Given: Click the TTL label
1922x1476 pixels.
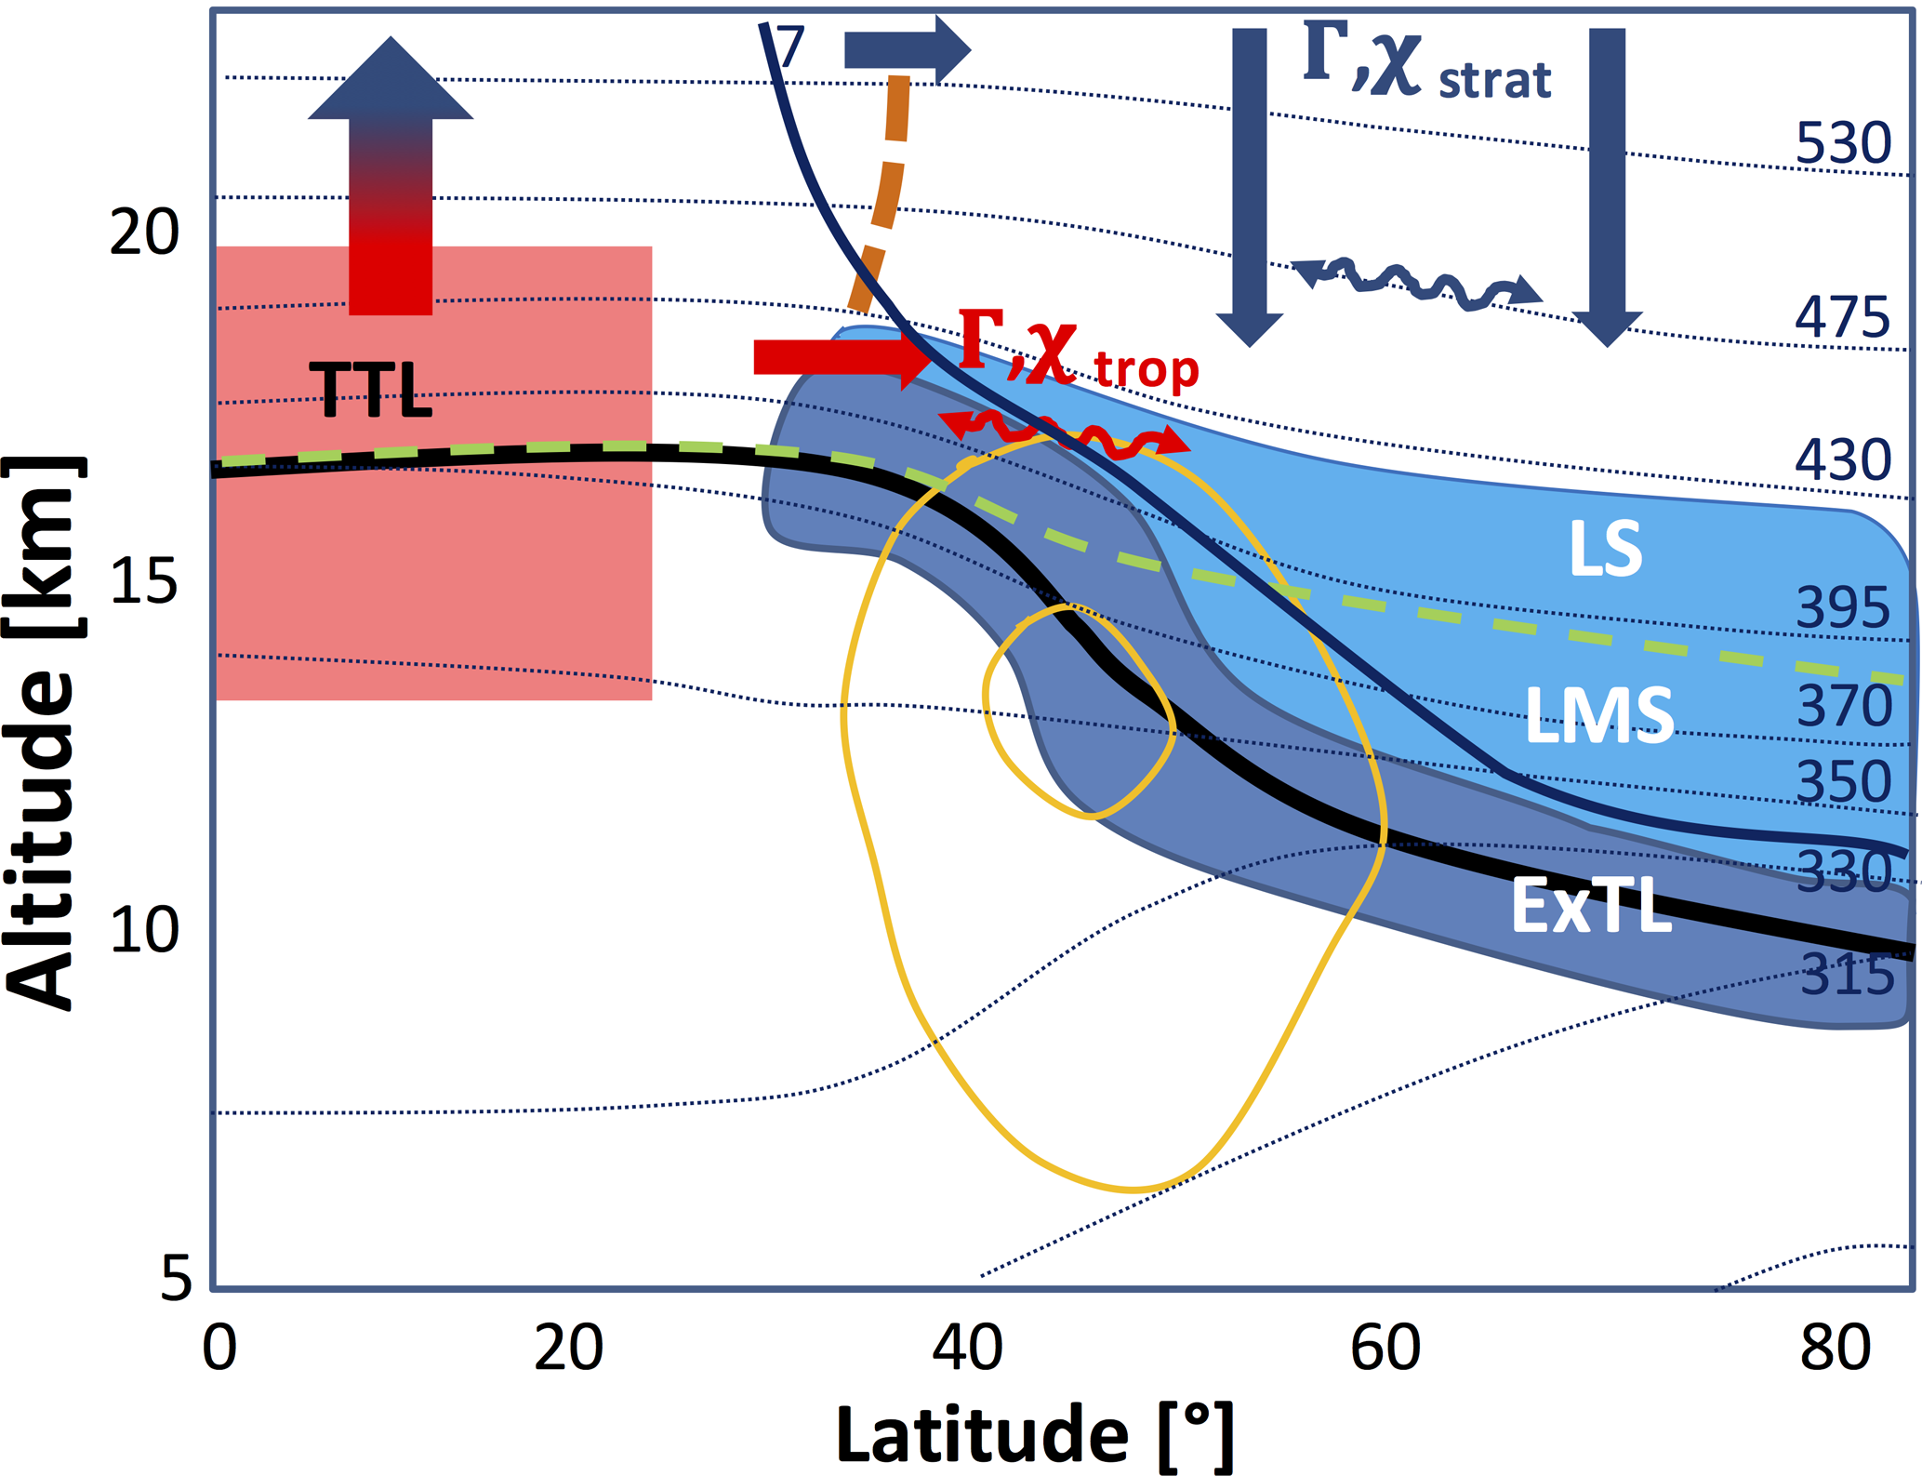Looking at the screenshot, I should (370, 390).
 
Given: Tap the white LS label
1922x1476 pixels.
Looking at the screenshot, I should (1605, 549).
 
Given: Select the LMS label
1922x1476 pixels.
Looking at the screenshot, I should (1599, 715).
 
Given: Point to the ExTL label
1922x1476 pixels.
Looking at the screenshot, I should (1591, 906).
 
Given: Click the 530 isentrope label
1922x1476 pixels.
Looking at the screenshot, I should (1842, 144).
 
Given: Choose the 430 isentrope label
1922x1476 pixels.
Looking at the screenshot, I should (1842, 459).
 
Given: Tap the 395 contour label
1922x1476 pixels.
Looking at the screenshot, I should (1842, 608).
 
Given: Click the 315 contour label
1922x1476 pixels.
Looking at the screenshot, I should (1847, 976).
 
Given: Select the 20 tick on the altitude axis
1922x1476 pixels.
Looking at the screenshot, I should (144, 232).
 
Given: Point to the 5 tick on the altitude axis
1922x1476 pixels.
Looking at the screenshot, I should (177, 1278).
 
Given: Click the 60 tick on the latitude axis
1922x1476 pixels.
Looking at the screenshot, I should (1385, 1348).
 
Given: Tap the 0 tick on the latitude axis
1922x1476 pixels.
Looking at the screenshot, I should (219, 1348).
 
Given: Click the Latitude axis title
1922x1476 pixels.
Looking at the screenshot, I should (1034, 1435).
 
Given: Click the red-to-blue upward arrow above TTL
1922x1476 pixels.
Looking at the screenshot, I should (391, 177).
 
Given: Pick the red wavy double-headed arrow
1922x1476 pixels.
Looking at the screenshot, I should (1064, 435).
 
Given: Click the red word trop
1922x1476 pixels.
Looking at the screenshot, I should (1146, 369).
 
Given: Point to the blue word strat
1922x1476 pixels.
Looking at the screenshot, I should (1494, 81).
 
